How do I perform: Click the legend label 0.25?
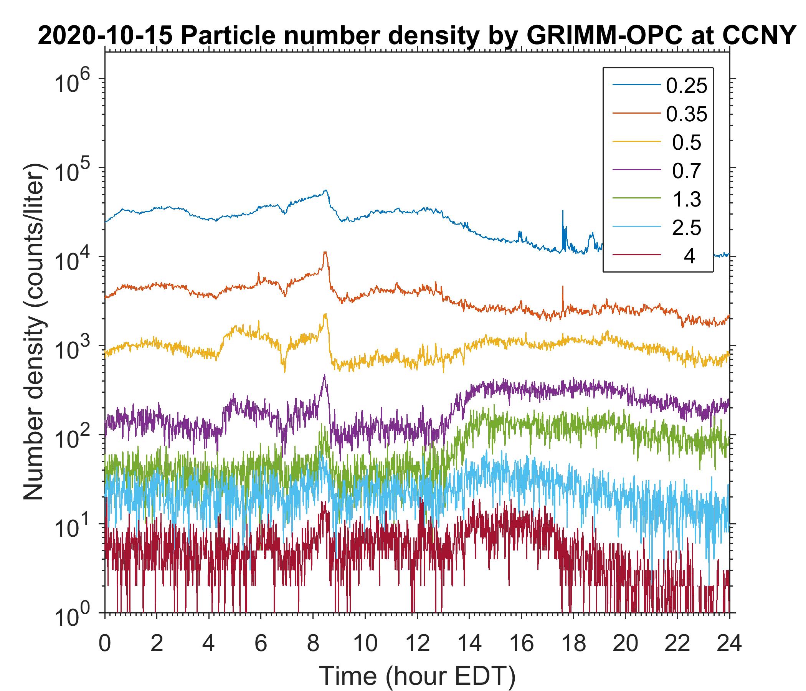(686, 86)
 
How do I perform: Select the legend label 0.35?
(686, 114)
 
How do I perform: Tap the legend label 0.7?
(686, 171)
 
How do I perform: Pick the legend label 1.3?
(686, 199)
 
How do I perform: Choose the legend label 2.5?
(686, 228)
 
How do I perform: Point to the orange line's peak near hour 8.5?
(325, 253)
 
